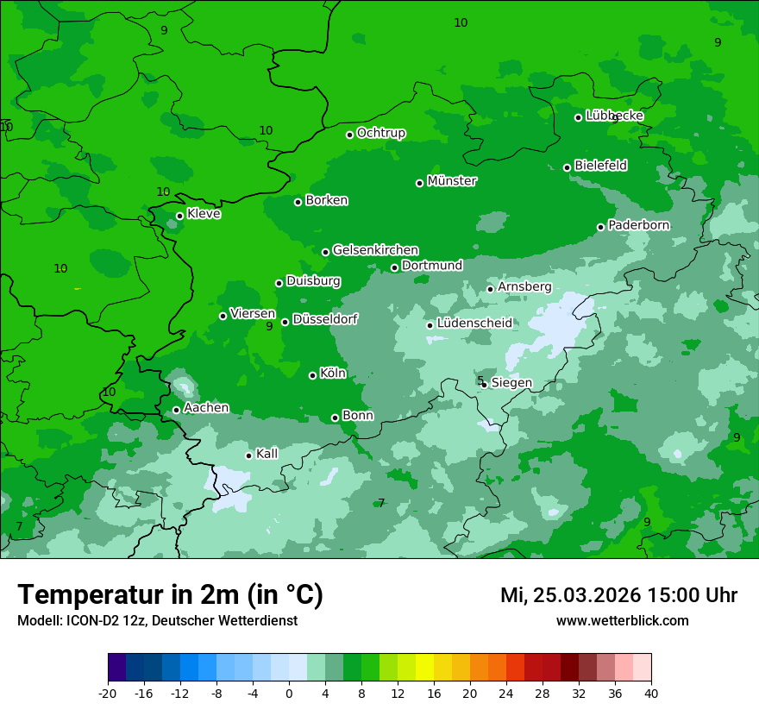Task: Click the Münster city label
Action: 451,181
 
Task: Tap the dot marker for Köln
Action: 312,375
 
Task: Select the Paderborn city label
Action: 638,225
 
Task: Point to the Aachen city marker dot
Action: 176,410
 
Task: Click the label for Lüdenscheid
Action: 474,323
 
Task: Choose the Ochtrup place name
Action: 380,133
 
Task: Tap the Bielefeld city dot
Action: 567,167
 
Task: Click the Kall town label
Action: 267,454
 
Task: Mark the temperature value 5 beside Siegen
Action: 480,380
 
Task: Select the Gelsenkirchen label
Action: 375,250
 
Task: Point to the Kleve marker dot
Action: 179,216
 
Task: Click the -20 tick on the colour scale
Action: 108,693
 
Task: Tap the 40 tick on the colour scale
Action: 650,693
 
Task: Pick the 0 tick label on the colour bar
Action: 289,693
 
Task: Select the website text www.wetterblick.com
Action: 622,620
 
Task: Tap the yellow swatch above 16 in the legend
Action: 424,668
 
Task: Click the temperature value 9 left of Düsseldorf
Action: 269,326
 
